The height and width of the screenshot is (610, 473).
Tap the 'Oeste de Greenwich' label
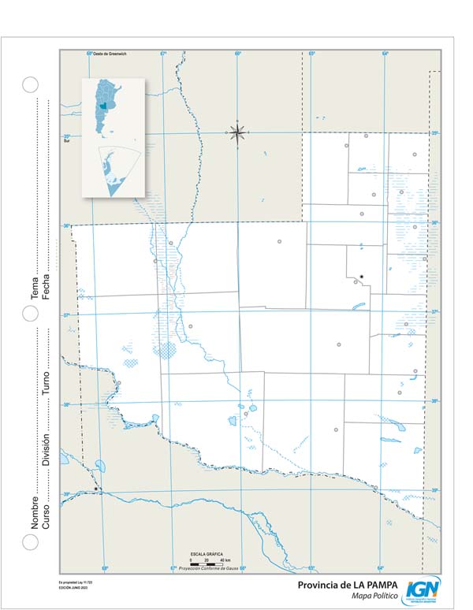pos(110,54)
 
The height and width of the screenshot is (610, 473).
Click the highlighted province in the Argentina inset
pos(103,106)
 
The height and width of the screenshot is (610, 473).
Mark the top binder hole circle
pos(30,85)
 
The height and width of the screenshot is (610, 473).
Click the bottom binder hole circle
pos(30,541)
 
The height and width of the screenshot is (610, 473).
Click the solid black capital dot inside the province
pos(361,276)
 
